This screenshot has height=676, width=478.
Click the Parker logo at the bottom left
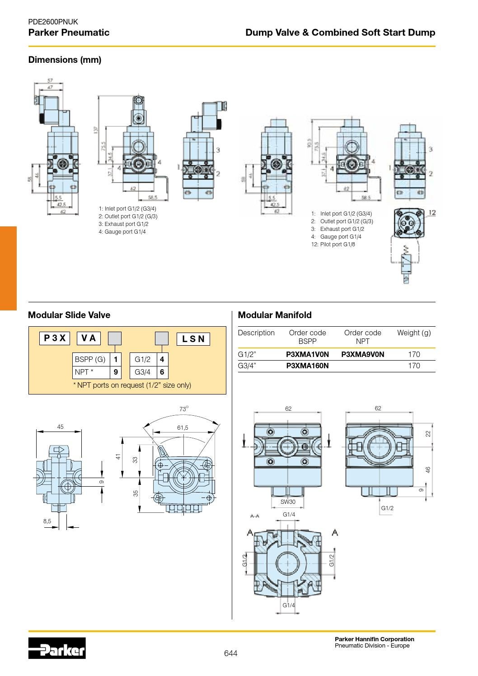[x=57, y=648]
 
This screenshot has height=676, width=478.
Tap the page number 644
[x=230, y=653]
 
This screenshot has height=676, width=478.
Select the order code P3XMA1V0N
[x=307, y=354]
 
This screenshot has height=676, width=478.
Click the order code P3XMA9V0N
[x=362, y=354]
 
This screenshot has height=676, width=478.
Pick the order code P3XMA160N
[x=307, y=366]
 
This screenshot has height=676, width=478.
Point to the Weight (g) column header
[x=414, y=333]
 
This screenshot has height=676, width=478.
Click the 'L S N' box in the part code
[x=193, y=338]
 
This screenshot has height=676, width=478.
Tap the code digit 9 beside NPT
[x=116, y=372]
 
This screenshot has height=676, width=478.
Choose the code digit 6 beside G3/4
[x=162, y=372]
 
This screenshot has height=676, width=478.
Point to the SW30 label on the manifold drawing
[x=288, y=502]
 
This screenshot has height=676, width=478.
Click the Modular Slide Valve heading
[x=69, y=315]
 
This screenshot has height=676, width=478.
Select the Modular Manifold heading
[x=275, y=315]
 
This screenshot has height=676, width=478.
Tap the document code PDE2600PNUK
[x=53, y=22]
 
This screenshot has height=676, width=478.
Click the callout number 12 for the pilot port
[x=431, y=212]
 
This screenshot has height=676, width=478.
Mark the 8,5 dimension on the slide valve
[x=47, y=521]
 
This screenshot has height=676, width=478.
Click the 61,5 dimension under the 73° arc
[x=183, y=427]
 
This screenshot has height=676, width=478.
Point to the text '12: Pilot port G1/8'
[x=333, y=244]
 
